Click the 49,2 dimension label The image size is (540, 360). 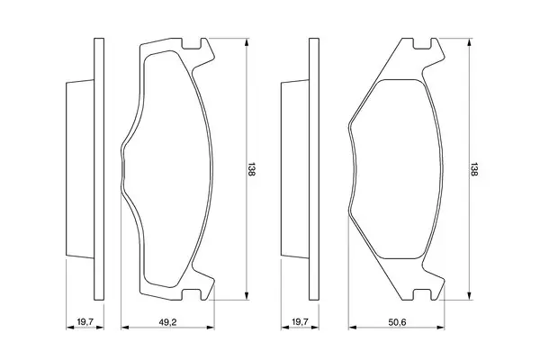click(x=167, y=322)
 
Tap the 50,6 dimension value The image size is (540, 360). click(x=398, y=322)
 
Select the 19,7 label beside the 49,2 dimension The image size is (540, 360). click(x=85, y=322)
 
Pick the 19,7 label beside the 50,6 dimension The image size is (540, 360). click(x=301, y=322)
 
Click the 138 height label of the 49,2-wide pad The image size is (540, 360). click(x=251, y=169)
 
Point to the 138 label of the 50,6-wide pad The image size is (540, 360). click(x=474, y=169)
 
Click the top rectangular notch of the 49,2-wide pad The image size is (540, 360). click(x=191, y=43)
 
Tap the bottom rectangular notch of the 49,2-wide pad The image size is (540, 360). click(x=191, y=294)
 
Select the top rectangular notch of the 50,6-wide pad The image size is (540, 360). click(x=422, y=43)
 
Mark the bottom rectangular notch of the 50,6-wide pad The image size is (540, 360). click(x=422, y=294)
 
